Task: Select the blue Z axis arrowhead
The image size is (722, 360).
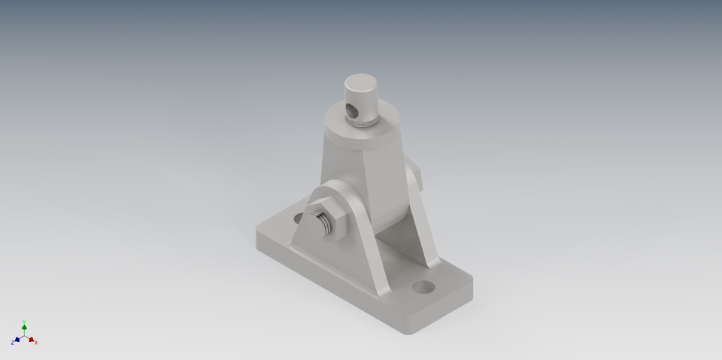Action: tap(17, 340)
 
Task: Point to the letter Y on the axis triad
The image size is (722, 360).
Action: tap(24, 321)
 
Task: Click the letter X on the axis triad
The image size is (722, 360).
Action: tap(36, 343)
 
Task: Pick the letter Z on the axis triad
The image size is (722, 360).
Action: tap(12, 343)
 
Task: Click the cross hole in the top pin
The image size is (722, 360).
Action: tap(351, 111)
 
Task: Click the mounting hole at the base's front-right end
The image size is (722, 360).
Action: tap(425, 287)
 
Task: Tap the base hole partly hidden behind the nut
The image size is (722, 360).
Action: tap(299, 218)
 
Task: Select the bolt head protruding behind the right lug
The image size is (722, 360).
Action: tap(417, 177)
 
